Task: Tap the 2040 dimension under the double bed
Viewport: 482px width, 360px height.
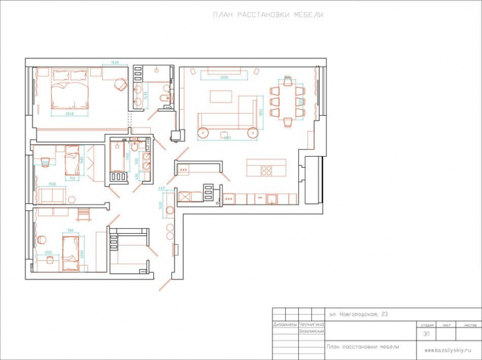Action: (x=70, y=114)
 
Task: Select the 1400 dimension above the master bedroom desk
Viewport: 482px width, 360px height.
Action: (x=114, y=63)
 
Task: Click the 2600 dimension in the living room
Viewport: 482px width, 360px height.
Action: (x=224, y=78)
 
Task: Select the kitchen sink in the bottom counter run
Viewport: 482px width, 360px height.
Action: (x=272, y=199)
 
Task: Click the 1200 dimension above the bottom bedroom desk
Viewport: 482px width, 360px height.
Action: (x=48, y=252)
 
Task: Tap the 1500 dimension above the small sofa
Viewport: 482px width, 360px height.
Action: (x=52, y=185)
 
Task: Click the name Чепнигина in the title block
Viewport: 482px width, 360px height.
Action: (x=311, y=324)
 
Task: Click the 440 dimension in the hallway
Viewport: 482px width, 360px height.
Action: (x=162, y=189)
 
